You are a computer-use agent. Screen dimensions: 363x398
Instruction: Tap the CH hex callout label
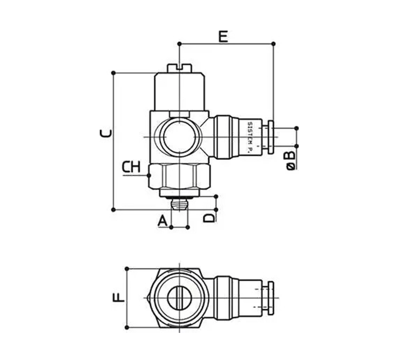coord(131,167)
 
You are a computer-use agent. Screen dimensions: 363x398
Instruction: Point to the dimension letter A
coord(162,221)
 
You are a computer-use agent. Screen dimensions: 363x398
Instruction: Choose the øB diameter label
coord(291,160)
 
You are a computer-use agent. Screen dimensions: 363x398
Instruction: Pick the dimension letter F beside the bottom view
coord(118,298)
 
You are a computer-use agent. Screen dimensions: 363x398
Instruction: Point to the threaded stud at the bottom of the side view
coord(179,203)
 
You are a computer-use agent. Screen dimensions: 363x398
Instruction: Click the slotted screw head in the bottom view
coord(179,298)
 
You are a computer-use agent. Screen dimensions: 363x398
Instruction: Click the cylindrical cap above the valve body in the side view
coord(179,91)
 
